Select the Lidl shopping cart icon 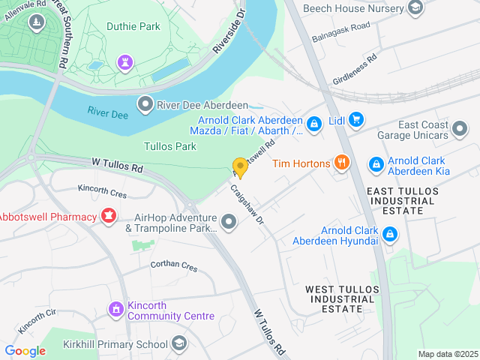click(356, 120)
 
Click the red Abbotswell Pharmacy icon click(109, 217)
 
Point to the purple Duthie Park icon click(124, 61)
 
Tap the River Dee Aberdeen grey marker click(144, 103)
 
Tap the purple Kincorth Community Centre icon click(115, 309)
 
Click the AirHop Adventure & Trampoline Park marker click(229, 221)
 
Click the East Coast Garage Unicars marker click(461, 127)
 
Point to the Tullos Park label click(170, 146)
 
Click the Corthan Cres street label click(173, 266)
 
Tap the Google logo click(25, 351)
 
